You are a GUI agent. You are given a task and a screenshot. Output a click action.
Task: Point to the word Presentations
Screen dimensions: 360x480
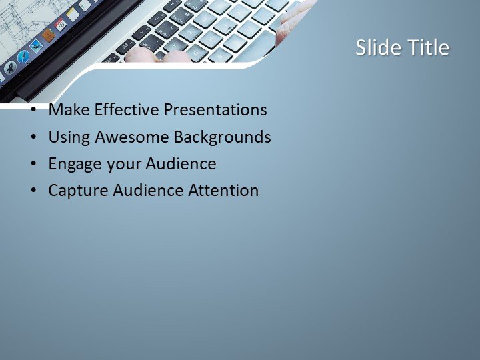coord(217,110)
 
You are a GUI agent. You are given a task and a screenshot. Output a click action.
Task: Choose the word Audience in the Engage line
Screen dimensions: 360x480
coord(181,163)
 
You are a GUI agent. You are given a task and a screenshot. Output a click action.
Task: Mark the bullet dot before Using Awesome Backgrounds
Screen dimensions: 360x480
coord(33,138)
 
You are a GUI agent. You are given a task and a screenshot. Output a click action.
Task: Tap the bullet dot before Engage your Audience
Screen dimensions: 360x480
coord(33,165)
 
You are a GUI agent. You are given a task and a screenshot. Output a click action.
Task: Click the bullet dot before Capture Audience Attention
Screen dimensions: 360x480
coord(33,191)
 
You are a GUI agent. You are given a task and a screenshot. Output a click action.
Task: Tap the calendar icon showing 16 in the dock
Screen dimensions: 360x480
coord(61,25)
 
